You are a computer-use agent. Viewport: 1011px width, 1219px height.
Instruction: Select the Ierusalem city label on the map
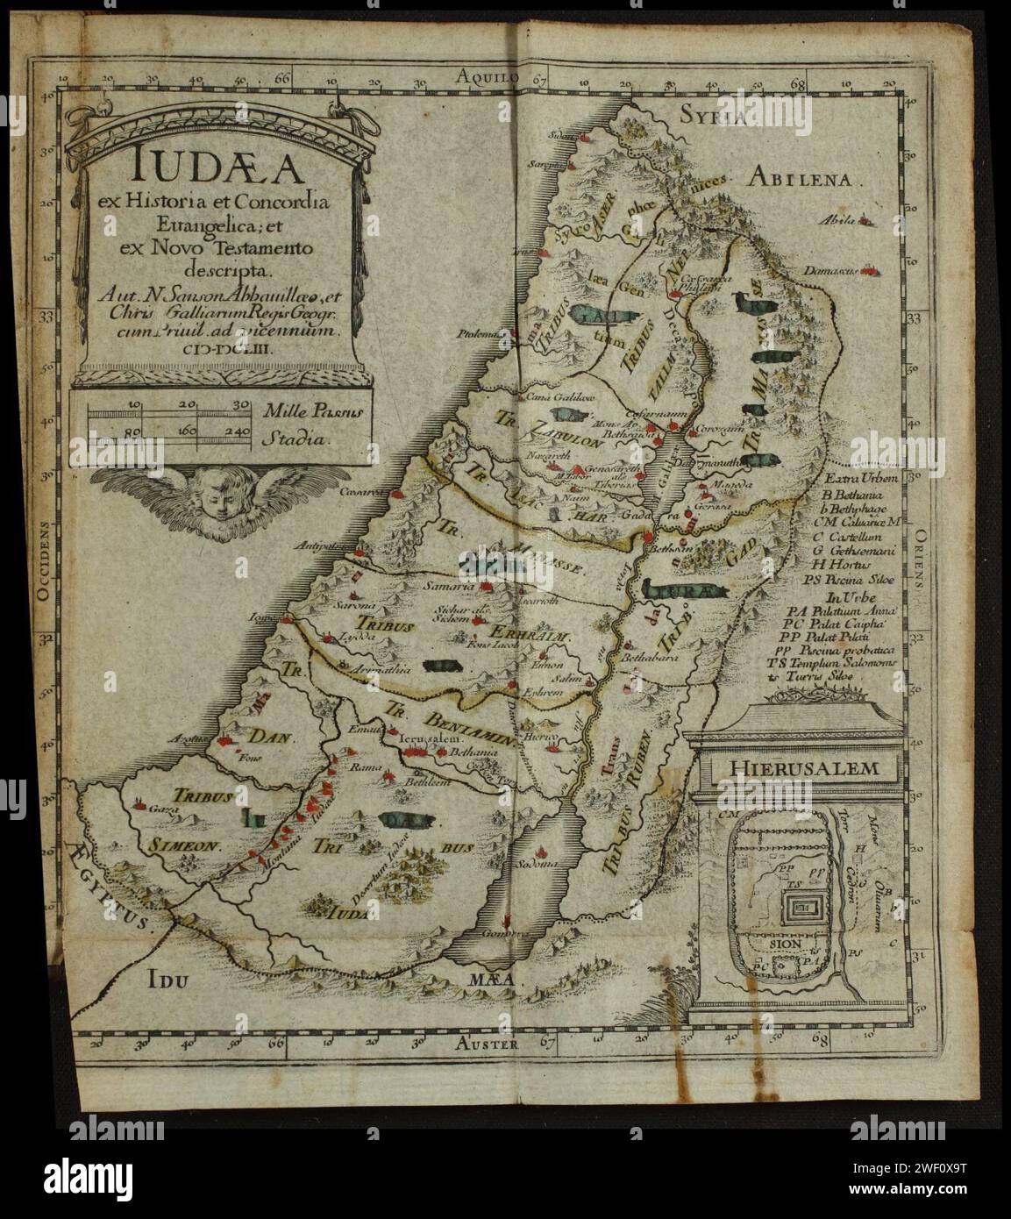click(424, 739)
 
